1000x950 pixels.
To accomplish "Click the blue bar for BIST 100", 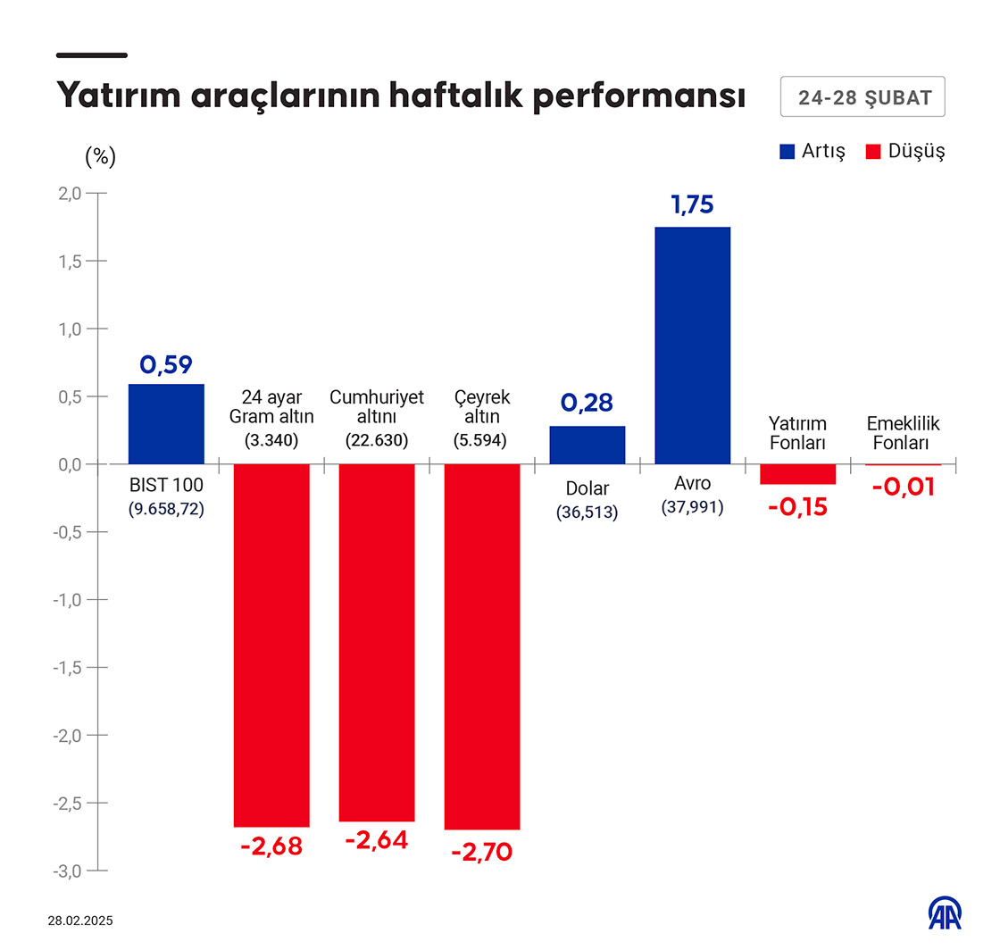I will pyautogui.click(x=166, y=424).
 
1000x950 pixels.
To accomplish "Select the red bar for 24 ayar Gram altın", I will pyautogui.click(x=271, y=645).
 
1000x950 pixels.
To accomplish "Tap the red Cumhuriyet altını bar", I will pyautogui.click(x=377, y=642).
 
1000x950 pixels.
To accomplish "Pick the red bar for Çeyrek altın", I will pyautogui.click(x=482, y=646).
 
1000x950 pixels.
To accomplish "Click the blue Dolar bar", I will pyautogui.click(x=587, y=445).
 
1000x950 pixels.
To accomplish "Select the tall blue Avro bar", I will pyautogui.click(x=693, y=346).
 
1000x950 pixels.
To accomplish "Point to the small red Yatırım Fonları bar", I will pyautogui.click(x=797, y=474).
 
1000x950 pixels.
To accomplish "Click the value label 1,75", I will pyautogui.click(x=693, y=205).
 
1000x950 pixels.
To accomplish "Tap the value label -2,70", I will pyautogui.click(x=482, y=852).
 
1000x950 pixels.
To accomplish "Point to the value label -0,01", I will pyautogui.click(x=903, y=487).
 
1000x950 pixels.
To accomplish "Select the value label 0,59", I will pyautogui.click(x=166, y=364).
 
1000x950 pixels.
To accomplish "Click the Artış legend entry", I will pyautogui.click(x=812, y=151).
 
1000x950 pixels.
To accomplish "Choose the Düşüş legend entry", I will pyautogui.click(x=905, y=151).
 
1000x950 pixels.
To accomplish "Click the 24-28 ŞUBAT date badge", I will pyautogui.click(x=862, y=97).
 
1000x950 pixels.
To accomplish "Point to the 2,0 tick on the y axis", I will pyautogui.click(x=71, y=193).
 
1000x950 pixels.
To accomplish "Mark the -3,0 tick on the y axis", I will pyautogui.click(x=69, y=871).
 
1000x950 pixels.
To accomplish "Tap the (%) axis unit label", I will pyautogui.click(x=100, y=157).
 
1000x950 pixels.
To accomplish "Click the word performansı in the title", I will pyautogui.click(x=639, y=96).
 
